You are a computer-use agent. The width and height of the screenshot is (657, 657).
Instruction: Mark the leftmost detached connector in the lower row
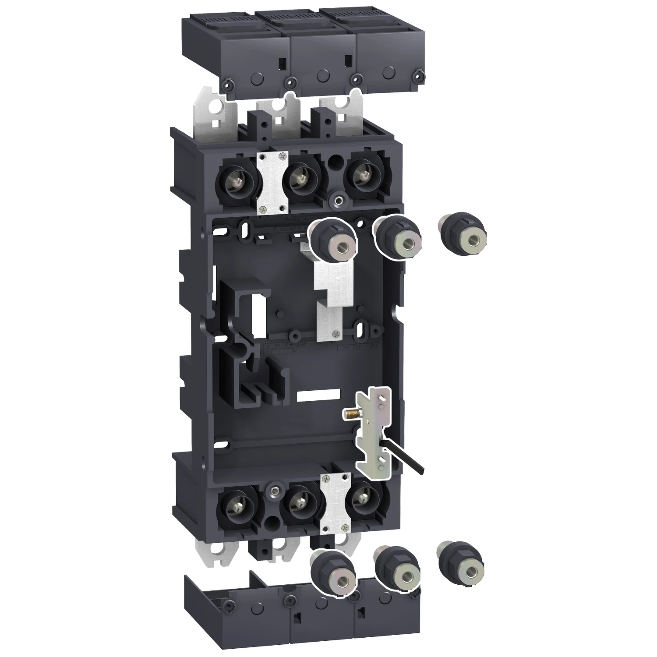333,572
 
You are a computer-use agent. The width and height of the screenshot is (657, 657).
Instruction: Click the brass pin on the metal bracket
350,412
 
